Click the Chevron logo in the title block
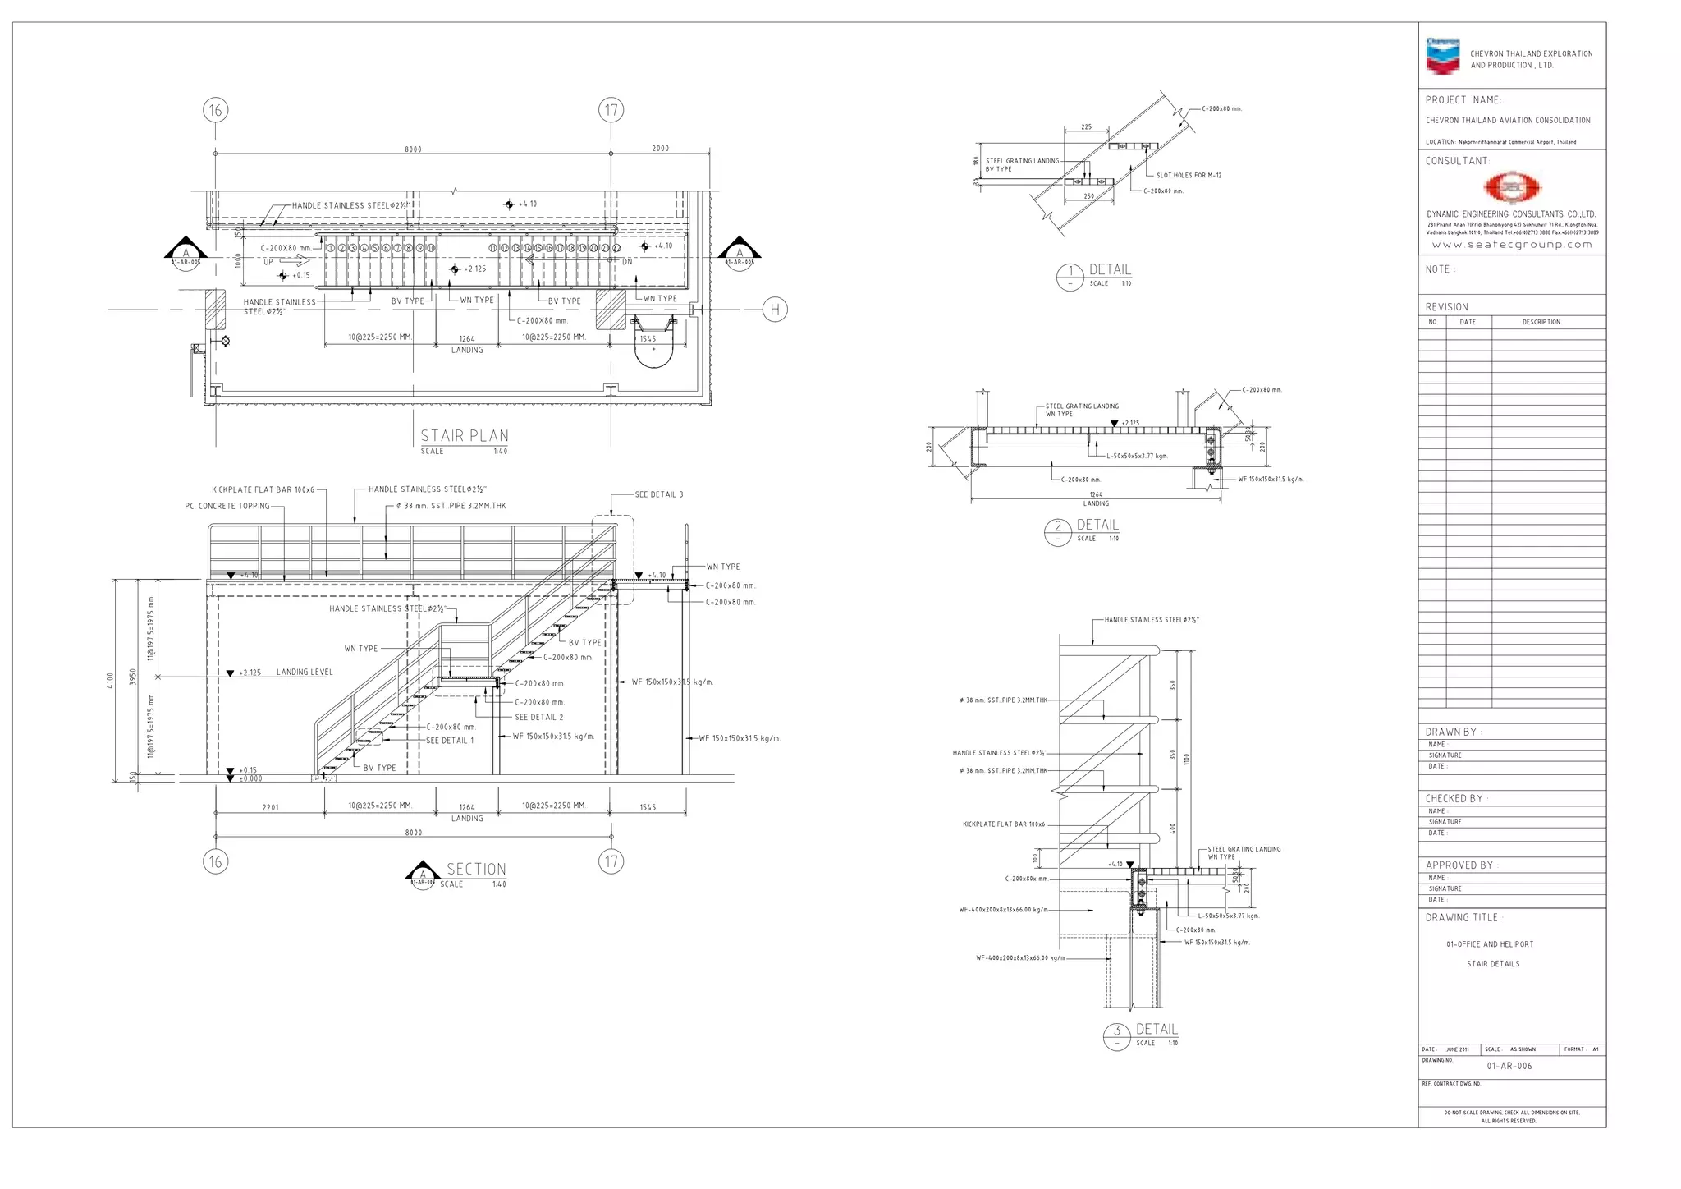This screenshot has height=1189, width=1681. [1443, 55]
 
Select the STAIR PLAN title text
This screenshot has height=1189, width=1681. [465, 436]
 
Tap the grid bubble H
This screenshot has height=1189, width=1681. [775, 310]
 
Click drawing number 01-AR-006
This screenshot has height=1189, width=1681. [1509, 1066]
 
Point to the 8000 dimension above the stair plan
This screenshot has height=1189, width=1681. [413, 149]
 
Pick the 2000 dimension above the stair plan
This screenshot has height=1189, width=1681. [660, 149]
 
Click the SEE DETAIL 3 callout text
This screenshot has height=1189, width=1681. [658, 494]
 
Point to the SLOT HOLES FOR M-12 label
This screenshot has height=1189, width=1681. [1189, 175]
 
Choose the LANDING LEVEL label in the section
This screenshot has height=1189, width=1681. [305, 672]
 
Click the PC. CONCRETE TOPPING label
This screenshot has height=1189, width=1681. [227, 506]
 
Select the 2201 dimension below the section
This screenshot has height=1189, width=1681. [270, 807]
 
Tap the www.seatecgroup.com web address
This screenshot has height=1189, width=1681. [1512, 244]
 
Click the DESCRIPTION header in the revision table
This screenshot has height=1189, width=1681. [1541, 322]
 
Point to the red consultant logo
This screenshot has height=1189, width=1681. [1512, 188]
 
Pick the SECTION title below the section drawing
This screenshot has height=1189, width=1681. [476, 869]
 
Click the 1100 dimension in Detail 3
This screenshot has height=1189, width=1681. [1186, 760]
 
